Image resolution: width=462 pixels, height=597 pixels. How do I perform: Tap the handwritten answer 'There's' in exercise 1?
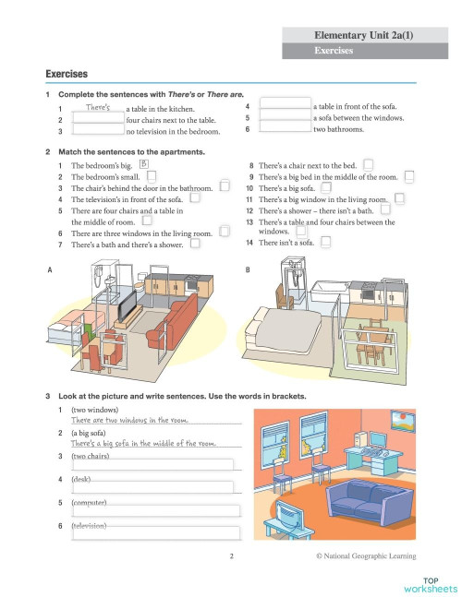(98, 107)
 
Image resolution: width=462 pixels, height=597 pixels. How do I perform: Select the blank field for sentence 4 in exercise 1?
(286, 107)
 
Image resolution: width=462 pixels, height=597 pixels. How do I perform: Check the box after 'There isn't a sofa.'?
(325, 243)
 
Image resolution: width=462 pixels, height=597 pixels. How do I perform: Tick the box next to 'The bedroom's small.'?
(152, 175)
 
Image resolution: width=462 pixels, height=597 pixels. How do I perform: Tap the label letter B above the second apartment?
(248, 269)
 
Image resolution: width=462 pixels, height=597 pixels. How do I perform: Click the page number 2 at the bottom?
(232, 555)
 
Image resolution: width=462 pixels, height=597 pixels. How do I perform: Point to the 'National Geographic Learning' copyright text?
(365, 555)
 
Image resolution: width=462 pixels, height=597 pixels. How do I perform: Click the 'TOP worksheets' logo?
(432, 583)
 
